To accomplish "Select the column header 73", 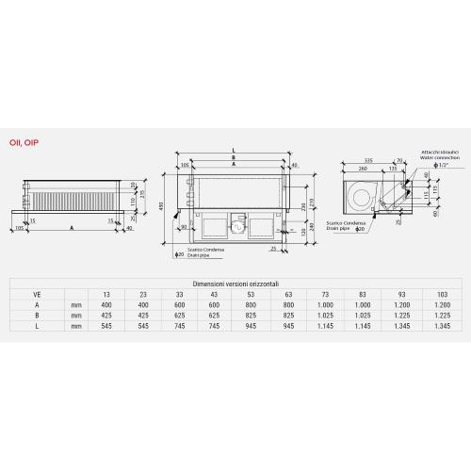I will pyautogui.click(x=324, y=294).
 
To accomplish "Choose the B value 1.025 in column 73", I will pyautogui.click(x=324, y=317).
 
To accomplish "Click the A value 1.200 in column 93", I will pyautogui.click(x=402, y=305).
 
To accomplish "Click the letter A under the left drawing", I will pyautogui.click(x=73, y=227).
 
